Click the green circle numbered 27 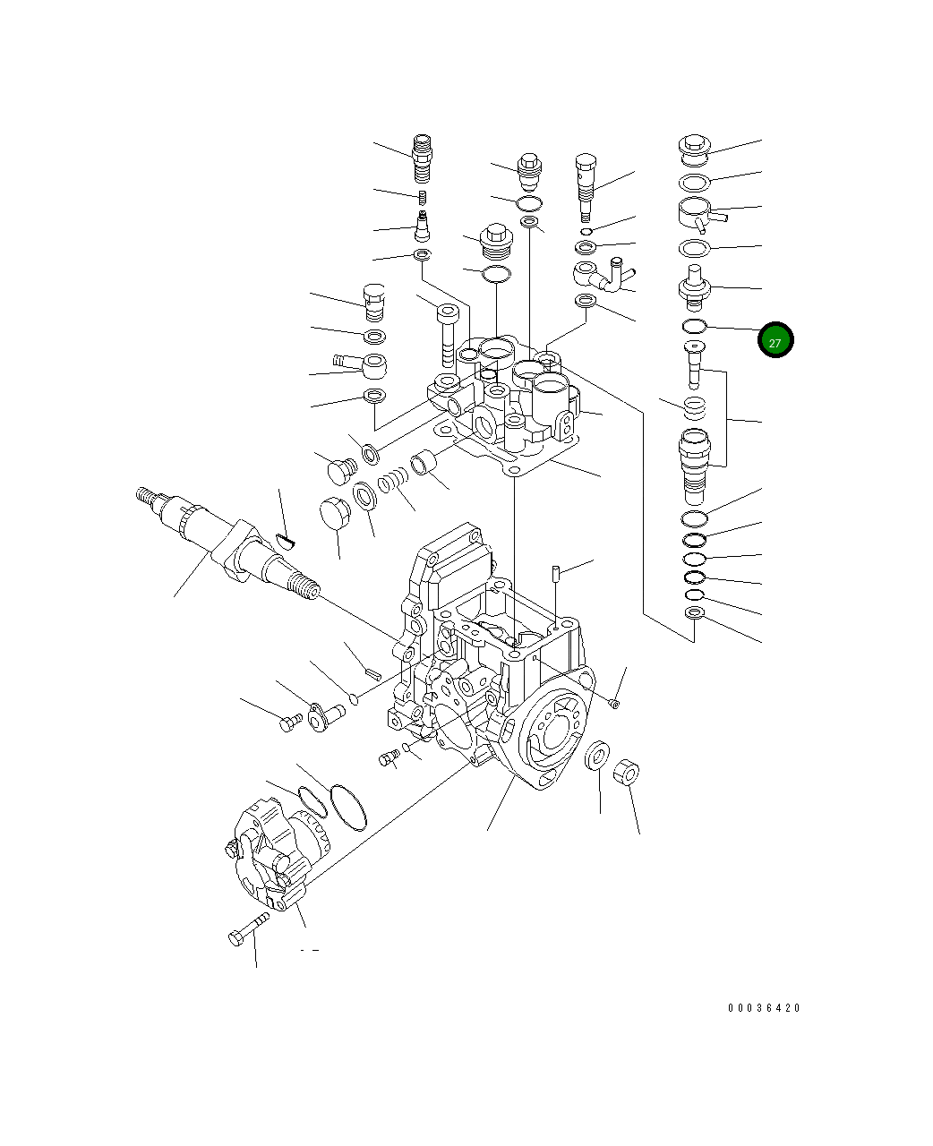pyautogui.click(x=775, y=340)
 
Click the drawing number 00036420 pyautogui.click(x=764, y=1008)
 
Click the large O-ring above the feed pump pyautogui.click(x=348, y=806)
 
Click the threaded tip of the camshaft pyautogui.click(x=304, y=590)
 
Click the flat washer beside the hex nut pyautogui.click(x=597, y=755)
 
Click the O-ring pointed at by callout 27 pyautogui.click(x=695, y=325)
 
